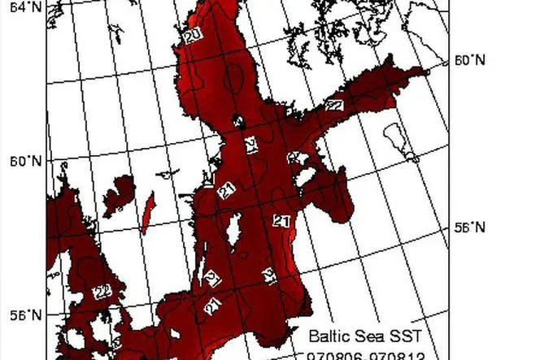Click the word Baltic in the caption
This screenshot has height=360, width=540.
(327, 336)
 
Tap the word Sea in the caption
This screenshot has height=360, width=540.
(370, 336)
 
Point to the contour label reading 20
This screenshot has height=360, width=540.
(193, 37)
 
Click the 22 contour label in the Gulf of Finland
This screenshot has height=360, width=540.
(334, 105)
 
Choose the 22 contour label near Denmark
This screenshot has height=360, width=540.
(102, 292)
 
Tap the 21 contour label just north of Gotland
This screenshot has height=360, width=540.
(227, 190)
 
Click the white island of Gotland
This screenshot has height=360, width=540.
(233, 232)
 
